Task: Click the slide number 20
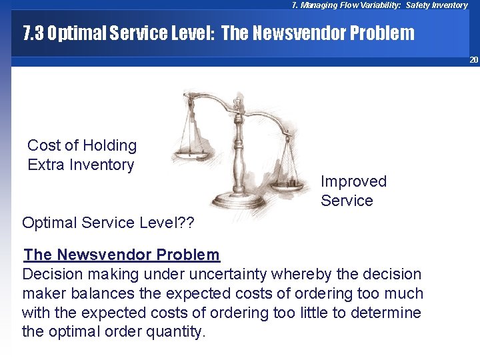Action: click(473, 60)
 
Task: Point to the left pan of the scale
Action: click(190, 154)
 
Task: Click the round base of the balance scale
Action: click(237, 198)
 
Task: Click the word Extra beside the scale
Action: click(46, 165)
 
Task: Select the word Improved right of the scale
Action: click(353, 181)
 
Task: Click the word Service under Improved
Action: click(347, 201)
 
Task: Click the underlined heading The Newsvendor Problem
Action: click(121, 255)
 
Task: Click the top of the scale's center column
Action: click(237, 104)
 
